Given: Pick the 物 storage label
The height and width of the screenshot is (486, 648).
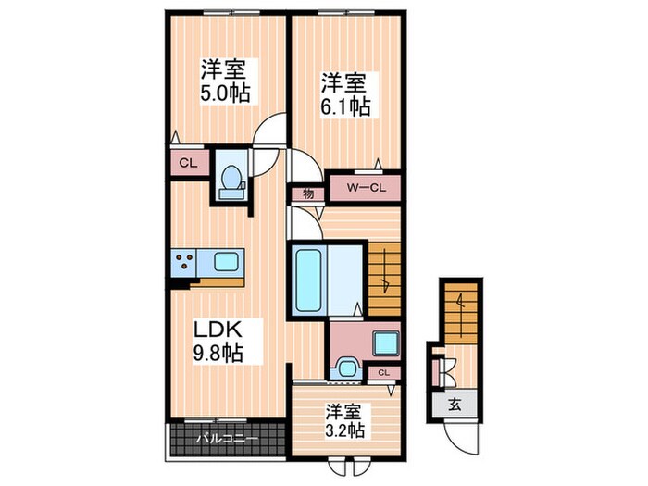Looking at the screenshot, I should [x=305, y=194].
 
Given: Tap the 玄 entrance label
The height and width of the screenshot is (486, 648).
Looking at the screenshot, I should [x=455, y=404].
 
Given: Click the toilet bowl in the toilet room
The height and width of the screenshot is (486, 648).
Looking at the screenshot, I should [x=230, y=181].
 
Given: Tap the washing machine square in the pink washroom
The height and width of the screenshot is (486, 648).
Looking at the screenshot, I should [x=383, y=343].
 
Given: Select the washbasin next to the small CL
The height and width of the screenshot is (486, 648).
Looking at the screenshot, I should [x=348, y=368].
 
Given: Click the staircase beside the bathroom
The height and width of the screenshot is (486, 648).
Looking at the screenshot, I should [x=383, y=278].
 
